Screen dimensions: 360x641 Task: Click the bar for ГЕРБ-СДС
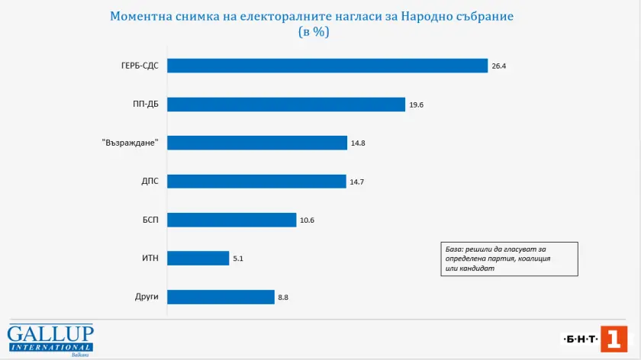327,66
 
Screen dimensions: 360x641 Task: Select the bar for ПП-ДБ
285,104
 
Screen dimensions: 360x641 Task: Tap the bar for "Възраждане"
256,143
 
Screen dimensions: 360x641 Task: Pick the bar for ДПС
256,182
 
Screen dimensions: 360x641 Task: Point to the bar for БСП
231,220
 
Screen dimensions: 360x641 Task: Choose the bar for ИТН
198,259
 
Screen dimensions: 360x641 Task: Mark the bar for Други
220,297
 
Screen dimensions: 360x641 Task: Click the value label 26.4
499,66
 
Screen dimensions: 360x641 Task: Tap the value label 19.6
416,104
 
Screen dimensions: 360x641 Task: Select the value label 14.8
357,143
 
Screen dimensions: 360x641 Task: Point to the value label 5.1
238,259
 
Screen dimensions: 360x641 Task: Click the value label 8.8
283,297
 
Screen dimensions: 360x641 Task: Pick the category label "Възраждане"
129,143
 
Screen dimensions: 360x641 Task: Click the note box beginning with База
508,259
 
